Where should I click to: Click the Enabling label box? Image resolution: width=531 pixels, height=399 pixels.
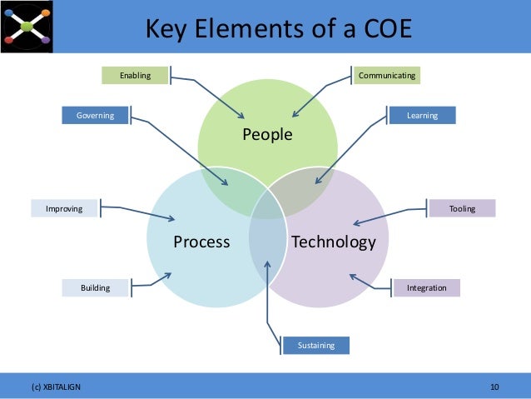click(x=135, y=76)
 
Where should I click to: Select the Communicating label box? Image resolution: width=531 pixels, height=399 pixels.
click(x=386, y=76)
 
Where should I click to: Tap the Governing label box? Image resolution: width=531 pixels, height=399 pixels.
click(x=96, y=115)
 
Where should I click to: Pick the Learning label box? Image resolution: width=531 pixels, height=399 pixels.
click(x=422, y=115)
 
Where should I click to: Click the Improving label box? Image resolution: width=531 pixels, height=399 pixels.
click(x=64, y=208)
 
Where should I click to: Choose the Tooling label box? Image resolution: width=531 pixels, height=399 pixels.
click(x=462, y=208)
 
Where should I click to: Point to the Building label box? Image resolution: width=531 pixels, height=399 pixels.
click(x=97, y=287)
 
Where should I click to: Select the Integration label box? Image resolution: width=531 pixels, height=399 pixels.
click(x=426, y=287)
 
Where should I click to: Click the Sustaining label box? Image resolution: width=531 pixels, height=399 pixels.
click(x=316, y=345)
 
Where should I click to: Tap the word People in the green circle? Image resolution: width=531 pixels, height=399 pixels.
click(x=267, y=135)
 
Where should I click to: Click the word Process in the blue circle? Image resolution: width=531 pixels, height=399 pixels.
click(x=201, y=242)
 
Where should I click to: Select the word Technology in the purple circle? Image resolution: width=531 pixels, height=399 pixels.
click(x=334, y=242)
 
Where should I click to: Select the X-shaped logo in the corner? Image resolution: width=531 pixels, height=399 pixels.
click(x=27, y=26)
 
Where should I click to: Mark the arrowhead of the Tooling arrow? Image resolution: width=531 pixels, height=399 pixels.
click(x=355, y=223)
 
